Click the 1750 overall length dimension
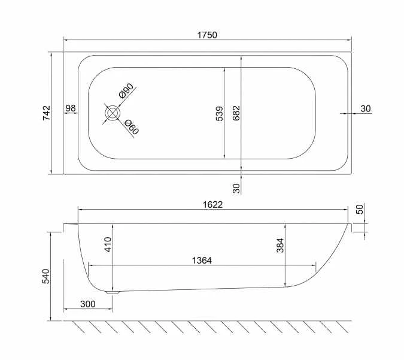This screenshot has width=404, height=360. pyautogui.click(x=207, y=35)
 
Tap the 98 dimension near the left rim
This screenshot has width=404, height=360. pyautogui.click(x=71, y=108)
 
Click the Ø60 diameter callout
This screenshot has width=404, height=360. pyautogui.click(x=131, y=127)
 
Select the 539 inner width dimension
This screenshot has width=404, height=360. pyautogui.click(x=219, y=113)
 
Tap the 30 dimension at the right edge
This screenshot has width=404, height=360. pyautogui.click(x=366, y=108)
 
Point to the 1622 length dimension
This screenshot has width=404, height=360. pyautogui.click(x=212, y=204)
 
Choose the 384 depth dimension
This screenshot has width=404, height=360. pyautogui.click(x=280, y=244)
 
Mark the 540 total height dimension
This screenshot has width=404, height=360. pyautogui.click(x=46, y=277)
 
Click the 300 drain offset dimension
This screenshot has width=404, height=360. pyautogui.click(x=87, y=304)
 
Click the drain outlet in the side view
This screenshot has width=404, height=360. pyautogui.click(x=113, y=293)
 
